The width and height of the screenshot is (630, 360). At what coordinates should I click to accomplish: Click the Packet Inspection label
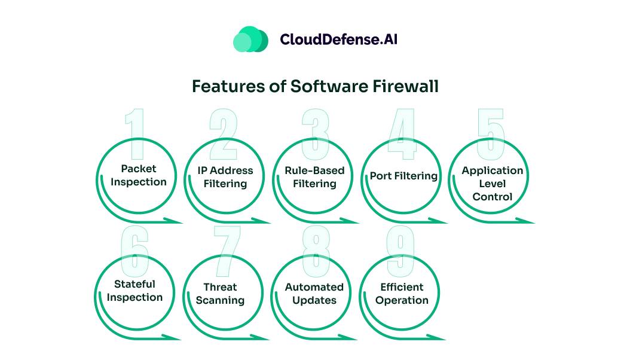tap(139, 175)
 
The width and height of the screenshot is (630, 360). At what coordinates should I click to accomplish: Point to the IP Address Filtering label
tap(225, 177)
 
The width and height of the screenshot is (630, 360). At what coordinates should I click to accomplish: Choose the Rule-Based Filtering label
tap(314, 177)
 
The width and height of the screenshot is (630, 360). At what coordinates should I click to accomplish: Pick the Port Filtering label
tap(403, 176)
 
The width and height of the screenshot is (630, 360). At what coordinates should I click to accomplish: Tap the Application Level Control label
tap(492, 183)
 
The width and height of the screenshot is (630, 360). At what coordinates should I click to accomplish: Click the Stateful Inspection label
tap(135, 291)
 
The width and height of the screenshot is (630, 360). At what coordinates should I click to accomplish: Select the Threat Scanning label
tap(221, 294)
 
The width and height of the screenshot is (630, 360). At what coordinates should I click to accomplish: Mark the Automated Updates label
tap(314, 294)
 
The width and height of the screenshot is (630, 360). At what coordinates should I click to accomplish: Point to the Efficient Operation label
tap(402, 294)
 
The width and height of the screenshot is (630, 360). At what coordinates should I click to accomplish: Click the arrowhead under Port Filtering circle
tap(442, 221)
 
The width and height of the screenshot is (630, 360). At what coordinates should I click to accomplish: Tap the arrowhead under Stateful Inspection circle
tap(177, 337)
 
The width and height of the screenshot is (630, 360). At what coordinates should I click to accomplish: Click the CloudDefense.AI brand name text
tap(339, 39)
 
